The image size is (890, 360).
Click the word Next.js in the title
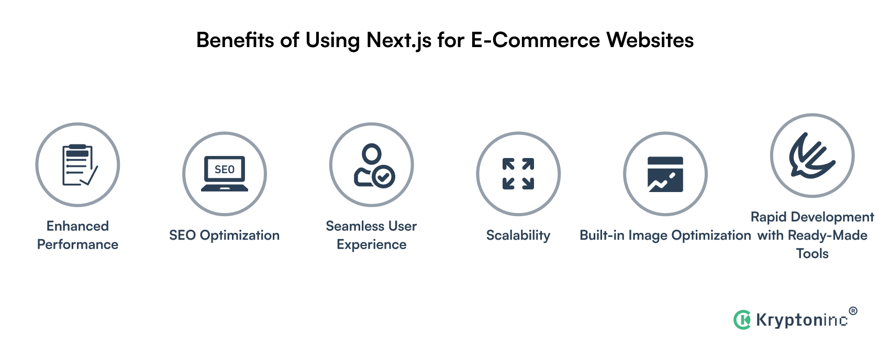click(x=399, y=41)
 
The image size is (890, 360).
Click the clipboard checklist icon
click(x=77, y=165)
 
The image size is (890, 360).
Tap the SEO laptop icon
click(x=225, y=174)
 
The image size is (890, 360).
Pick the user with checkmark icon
click(x=372, y=165)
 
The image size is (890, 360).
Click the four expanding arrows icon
click(x=518, y=174)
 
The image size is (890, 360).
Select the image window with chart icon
click(x=665, y=174)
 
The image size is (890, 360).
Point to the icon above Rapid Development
click(x=812, y=155)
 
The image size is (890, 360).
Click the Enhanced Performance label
click(x=77, y=235)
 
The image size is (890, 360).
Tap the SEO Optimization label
click(x=224, y=235)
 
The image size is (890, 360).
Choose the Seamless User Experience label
click(x=371, y=235)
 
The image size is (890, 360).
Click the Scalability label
click(x=518, y=235)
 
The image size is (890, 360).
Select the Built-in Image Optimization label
click(x=665, y=235)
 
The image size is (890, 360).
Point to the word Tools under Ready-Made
click(x=812, y=254)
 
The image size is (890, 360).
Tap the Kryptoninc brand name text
click(x=802, y=320)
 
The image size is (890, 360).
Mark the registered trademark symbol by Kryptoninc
click(x=853, y=311)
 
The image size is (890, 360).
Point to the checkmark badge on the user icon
click(x=384, y=177)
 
